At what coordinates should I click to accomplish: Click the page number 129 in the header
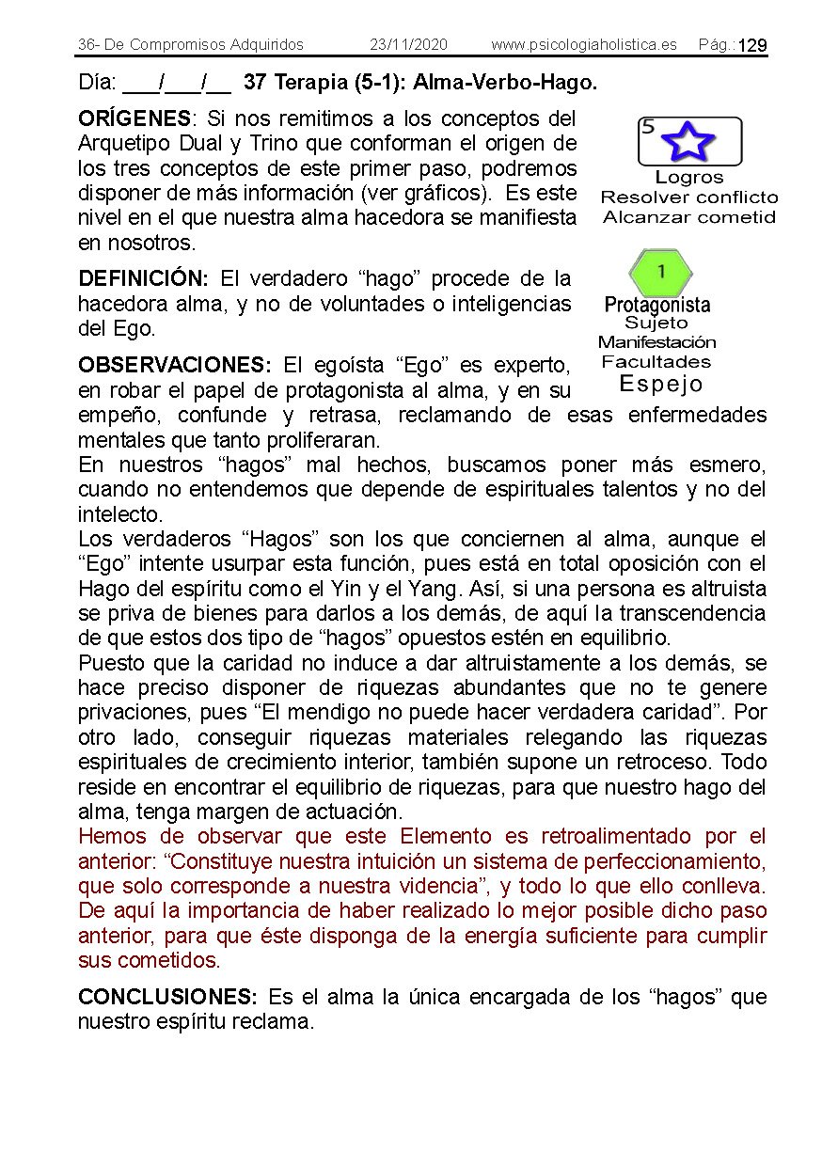(x=752, y=46)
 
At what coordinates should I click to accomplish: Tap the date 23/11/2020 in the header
(x=408, y=45)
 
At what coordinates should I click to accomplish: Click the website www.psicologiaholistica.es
(x=583, y=45)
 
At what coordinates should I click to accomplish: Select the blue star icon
(x=688, y=142)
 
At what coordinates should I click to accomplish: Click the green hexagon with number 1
(x=660, y=273)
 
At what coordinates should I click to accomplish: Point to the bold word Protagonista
(x=656, y=305)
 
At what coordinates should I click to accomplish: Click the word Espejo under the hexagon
(x=660, y=384)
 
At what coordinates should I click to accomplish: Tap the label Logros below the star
(x=688, y=178)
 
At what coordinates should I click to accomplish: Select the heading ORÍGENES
(x=134, y=119)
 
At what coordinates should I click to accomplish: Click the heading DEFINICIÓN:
(x=143, y=279)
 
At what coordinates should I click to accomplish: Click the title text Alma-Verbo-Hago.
(x=505, y=83)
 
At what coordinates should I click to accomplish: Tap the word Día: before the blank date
(x=97, y=83)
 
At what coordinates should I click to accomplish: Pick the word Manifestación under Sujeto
(x=656, y=342)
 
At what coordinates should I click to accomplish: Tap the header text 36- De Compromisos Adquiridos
(x=191, y=45)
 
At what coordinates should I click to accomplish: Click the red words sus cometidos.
(x=149, y=960)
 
